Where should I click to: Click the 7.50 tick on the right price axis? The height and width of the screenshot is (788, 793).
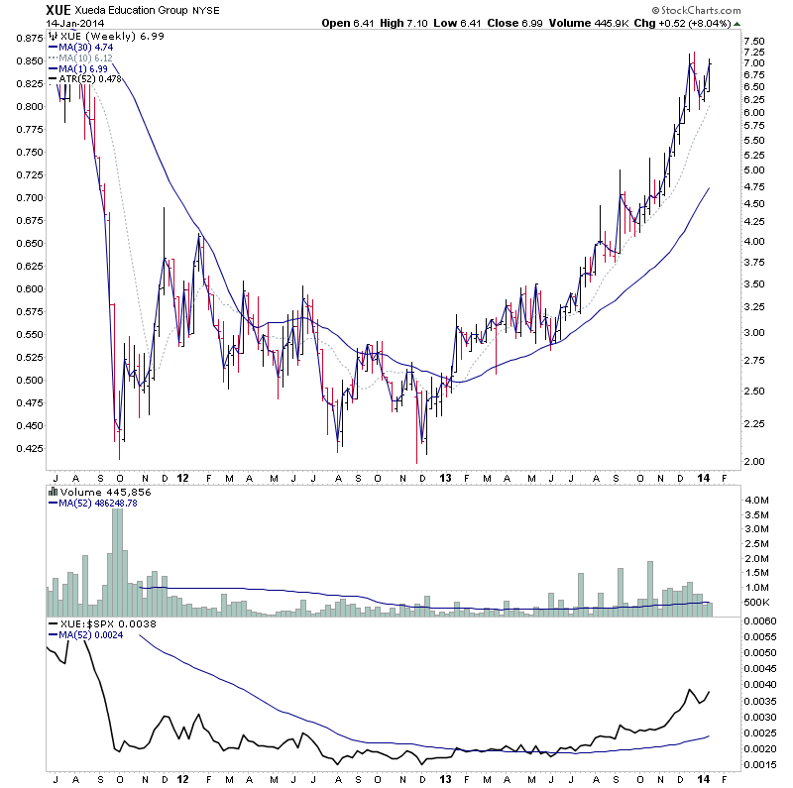pyautogui.click(x=755, y=41)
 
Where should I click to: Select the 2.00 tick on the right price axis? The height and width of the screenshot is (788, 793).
pyautogui.click(x=755, y=462)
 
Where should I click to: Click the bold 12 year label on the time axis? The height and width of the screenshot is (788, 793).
pyautogui.click(x=182, y=478)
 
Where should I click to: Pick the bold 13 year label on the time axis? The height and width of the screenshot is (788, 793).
pyautogui.click(x=443, y=478)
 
